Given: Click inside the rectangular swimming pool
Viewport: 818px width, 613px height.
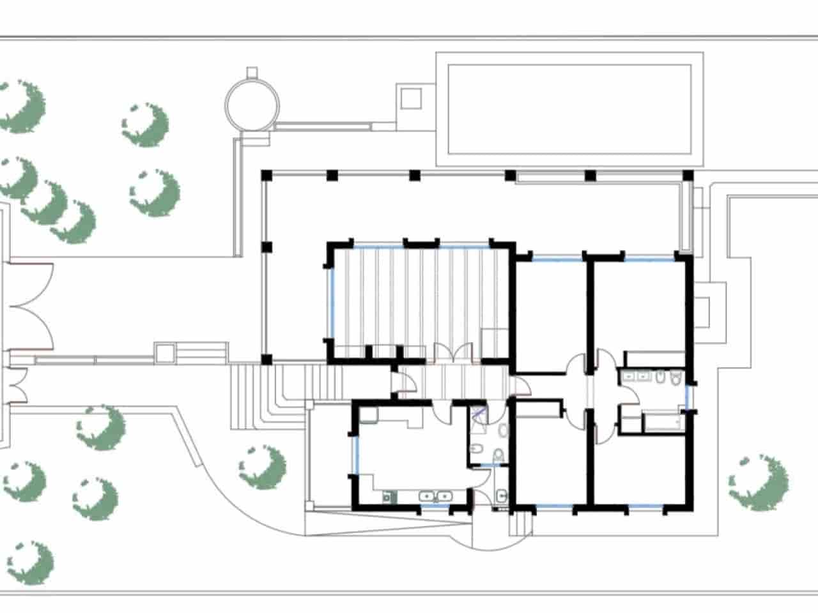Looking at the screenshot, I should [569, 109].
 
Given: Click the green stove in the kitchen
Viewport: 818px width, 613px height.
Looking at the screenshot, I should [387, 496].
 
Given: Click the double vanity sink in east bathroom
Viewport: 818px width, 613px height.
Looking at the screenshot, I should [636, 377].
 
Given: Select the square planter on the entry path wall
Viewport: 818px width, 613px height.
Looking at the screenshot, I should [164, 352].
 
